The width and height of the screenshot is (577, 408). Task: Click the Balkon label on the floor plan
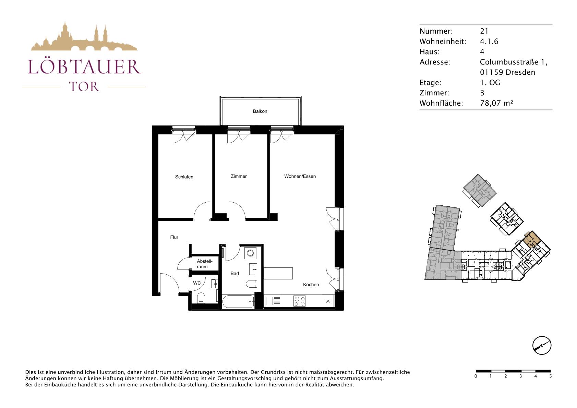coord(260,111)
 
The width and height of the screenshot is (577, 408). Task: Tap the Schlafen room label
coord(184,177)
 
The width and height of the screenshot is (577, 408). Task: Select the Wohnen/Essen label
coord(300,176)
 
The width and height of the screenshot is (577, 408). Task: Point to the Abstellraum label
coord(205,264)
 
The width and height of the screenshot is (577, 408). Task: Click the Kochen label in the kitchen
coord(311,285)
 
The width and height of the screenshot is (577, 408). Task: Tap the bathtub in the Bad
coord(238,302)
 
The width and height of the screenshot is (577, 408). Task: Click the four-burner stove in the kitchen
coord(300,301)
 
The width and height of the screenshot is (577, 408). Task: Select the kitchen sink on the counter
coord(273,301)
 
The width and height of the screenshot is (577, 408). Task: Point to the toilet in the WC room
coord(201,298)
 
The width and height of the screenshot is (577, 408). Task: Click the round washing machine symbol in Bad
coord(250,253)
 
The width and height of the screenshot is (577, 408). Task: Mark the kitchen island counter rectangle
coord(278,273)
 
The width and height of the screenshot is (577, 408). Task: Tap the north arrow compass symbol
coord(542,345)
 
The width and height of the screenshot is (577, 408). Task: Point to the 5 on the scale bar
coord(551,376)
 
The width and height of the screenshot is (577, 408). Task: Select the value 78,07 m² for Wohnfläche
coord(496,103)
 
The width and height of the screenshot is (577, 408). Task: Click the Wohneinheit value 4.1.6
coord(489,41)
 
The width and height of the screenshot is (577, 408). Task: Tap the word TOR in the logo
coord(84,87)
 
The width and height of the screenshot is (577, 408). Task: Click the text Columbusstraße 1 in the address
coord(514,62)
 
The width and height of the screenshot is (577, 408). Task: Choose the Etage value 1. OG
coord(490,83)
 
